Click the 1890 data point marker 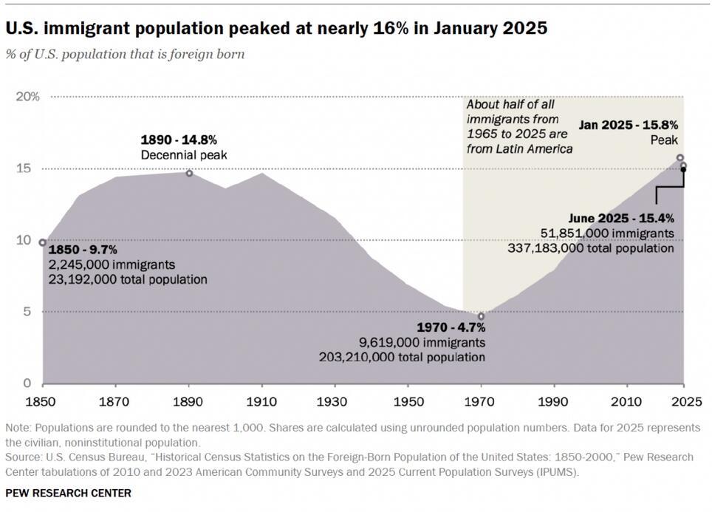[189, 173]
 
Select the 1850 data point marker [43, 242]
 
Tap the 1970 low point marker [482, 316]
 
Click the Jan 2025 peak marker [680, 157]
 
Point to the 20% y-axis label [29, 97]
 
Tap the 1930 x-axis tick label [335, 403]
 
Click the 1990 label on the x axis [554, 403]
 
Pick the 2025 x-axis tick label [683, 403]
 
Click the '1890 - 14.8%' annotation [179, 140]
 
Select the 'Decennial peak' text [184, 154]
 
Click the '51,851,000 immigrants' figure [607, 233]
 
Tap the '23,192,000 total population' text [128, 280]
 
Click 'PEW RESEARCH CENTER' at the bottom [68, 493]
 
